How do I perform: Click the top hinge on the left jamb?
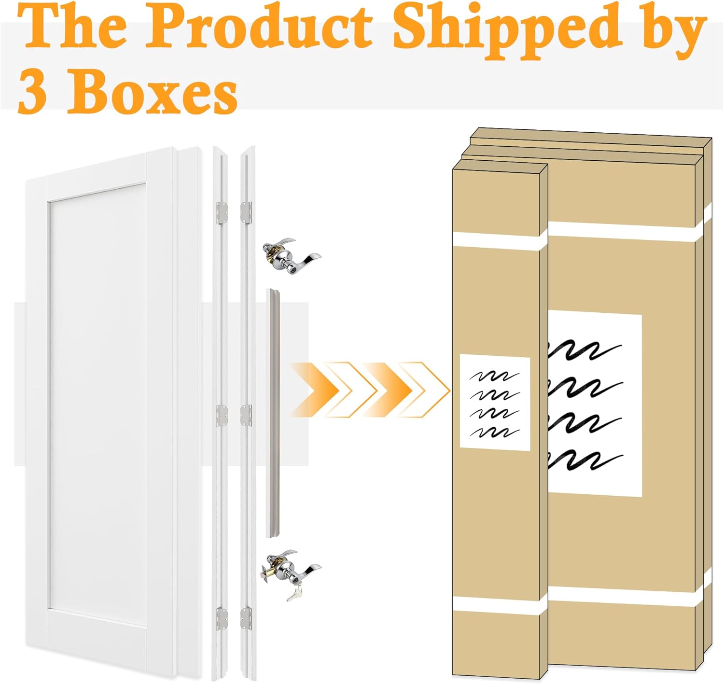tap(222, 213)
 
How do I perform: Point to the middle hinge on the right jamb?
tap(246, 415)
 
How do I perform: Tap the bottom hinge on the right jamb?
tap(246, 618)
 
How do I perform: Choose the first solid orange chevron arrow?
tap(314, 390)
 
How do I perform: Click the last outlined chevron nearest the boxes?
tap(425, 390)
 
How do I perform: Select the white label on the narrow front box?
tap(495, 402)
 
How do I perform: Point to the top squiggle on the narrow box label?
tap(494, 377)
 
